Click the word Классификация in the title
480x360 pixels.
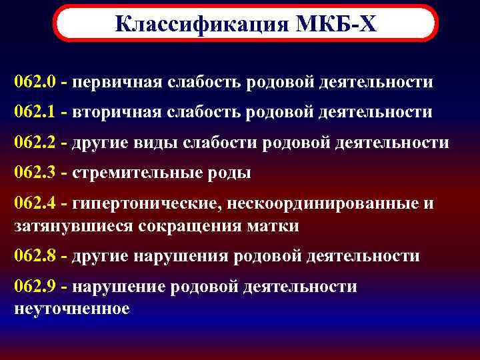tap(199, 23)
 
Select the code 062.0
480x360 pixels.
tap(34, 83)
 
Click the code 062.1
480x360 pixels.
tap(34, 113)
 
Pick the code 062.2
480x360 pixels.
tap(34, 143)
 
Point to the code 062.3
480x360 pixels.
tap(34, 173)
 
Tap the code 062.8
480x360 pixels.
tap(34, 256)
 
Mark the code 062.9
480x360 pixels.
tap(34, 287)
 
